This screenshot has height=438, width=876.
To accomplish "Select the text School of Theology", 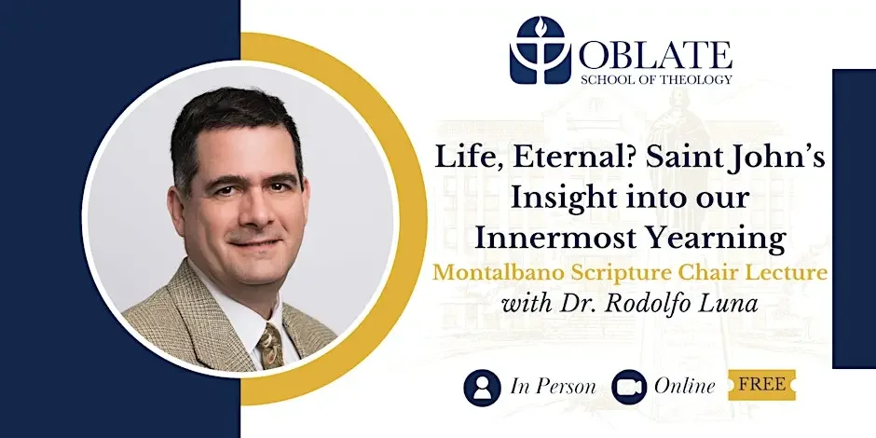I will pos(655,79).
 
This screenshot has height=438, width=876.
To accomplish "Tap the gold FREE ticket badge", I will pos(761,384).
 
